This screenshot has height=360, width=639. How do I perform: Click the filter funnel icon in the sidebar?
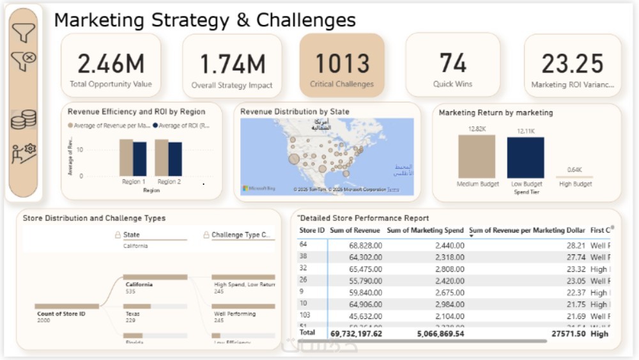[24, 33]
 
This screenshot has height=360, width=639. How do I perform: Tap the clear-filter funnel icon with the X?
[24, 61]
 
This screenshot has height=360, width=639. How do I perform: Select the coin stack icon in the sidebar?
[24, 120]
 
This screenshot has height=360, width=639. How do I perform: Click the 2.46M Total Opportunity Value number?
[111, 64]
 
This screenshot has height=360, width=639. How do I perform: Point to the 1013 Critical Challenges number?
[342, 64]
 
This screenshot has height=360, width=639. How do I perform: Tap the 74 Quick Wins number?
[452, 63]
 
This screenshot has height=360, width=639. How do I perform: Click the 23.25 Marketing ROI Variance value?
[572, 64]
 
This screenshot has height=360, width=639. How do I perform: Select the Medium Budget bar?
[477, 156]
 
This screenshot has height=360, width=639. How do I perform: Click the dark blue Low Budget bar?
[526, 157]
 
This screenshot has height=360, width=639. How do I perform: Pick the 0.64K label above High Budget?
[574, 169]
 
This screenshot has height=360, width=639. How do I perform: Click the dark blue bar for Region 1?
[139, 159]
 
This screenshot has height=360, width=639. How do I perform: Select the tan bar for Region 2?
[161, 157]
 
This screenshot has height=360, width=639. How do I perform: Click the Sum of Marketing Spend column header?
[426, 230]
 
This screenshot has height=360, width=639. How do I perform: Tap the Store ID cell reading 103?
[305, 316]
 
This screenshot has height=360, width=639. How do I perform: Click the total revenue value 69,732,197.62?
[356, 333]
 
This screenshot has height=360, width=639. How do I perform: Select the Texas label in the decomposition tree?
[132, 314]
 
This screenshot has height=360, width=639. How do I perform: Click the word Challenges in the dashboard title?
[305, 20]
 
